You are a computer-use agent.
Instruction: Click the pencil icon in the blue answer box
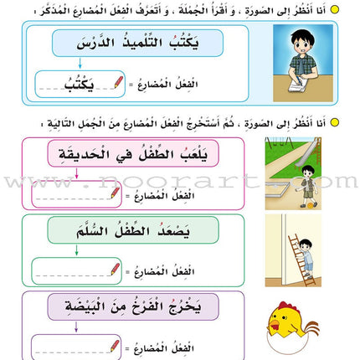pyautogui.click(x=129, y=82)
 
